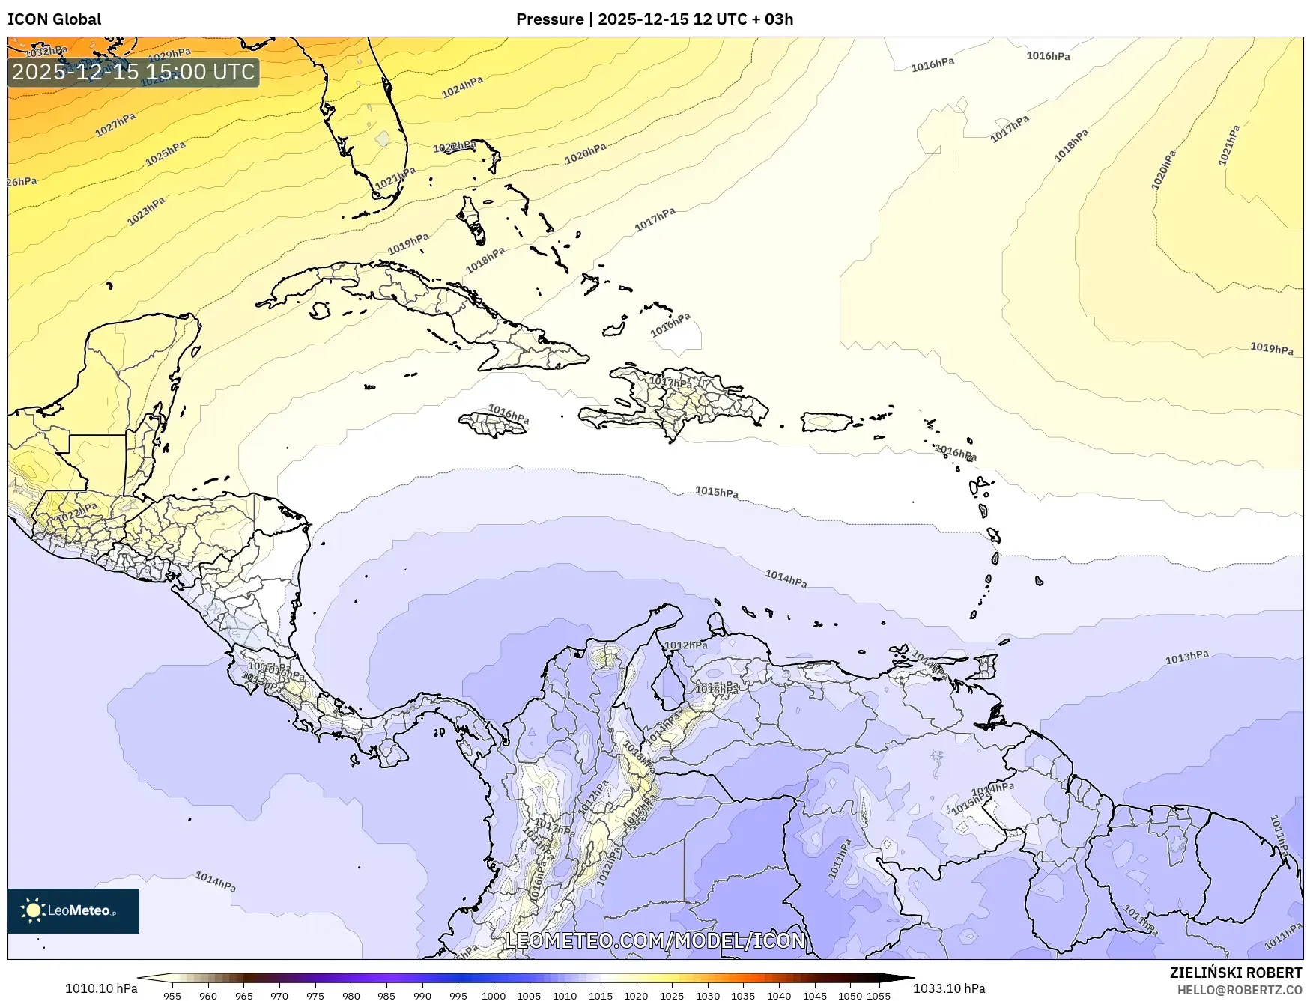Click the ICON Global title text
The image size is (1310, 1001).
point(54,19)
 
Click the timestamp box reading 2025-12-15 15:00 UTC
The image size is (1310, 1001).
point(133,72)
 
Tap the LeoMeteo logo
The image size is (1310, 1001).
point(73,910)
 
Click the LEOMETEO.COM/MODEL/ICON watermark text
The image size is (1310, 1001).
point(655,940)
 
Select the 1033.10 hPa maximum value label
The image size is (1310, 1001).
point(949,988)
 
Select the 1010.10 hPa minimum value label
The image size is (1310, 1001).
point(101,988)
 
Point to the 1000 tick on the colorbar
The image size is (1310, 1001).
point(494,996)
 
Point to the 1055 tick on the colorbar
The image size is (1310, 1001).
point(879,996)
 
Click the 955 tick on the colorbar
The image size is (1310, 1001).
point(172,996)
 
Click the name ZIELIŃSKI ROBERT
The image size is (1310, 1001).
point(1236,973)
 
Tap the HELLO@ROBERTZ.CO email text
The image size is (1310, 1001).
point(1239,990)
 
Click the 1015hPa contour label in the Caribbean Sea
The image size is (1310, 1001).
point(717,492)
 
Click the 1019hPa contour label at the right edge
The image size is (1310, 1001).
point(1271,348)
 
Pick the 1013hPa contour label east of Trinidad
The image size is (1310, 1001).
point(1186,657)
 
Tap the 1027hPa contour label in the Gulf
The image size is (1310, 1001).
point(115,125)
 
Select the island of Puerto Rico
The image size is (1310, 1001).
point(827,422)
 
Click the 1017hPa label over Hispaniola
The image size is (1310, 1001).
point(670,383)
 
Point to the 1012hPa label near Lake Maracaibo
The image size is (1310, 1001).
point(685,645)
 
